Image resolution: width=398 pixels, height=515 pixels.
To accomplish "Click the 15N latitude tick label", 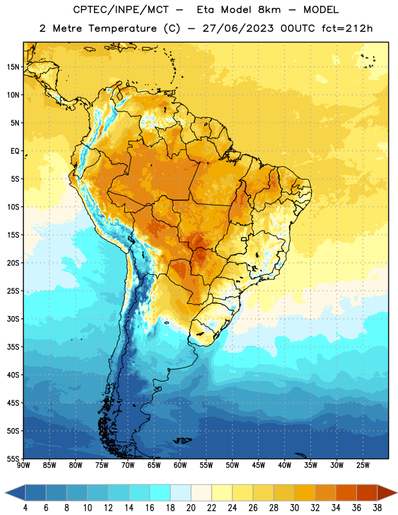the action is [x=13, y=67].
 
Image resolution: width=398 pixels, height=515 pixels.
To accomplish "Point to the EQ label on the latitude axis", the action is [x=15, y=151].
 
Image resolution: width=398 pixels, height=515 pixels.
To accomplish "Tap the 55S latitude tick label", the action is [x=13, y=458].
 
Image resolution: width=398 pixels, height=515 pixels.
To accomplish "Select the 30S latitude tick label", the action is [x=13, y=319].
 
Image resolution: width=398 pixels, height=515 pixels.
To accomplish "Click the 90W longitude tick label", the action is [x=24, y=465].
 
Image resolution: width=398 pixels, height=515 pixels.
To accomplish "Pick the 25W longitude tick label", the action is [x=363, y=465].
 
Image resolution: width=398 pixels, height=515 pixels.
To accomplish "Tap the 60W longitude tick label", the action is [x=180, y=465].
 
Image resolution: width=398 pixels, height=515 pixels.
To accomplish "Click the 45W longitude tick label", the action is [x=259, y=465].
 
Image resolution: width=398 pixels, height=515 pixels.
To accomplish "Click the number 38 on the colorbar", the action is [x=377, y=508].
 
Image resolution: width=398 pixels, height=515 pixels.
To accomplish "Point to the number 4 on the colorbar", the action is [x=25, y=508].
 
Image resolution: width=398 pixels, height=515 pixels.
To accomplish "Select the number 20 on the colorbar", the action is [x=191, y=508].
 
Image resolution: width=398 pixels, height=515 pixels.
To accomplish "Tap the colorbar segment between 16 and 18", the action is [x=160, y=493].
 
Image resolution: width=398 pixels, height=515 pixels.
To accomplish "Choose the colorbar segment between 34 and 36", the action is [x=346, y=493].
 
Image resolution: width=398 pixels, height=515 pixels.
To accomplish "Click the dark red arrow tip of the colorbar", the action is [x=388, y=493].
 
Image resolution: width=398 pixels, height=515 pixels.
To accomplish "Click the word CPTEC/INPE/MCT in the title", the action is [x=121, y=10].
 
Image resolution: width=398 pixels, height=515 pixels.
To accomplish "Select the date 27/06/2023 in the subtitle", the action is [x=238, y=28].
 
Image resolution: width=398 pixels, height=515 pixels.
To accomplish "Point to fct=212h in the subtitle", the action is [x=347, y=28].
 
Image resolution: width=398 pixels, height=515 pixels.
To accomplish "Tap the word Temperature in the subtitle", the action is [x=122, y=29].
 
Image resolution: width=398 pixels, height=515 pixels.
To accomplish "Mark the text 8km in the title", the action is [x=269, y=10].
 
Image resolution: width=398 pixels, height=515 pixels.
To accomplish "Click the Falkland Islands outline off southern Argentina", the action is [x=183, y=440].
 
